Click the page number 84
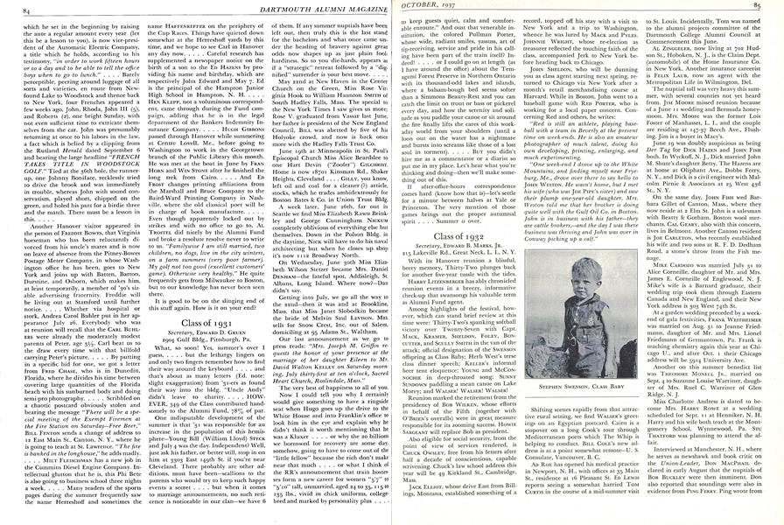click(x=11, y=8)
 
